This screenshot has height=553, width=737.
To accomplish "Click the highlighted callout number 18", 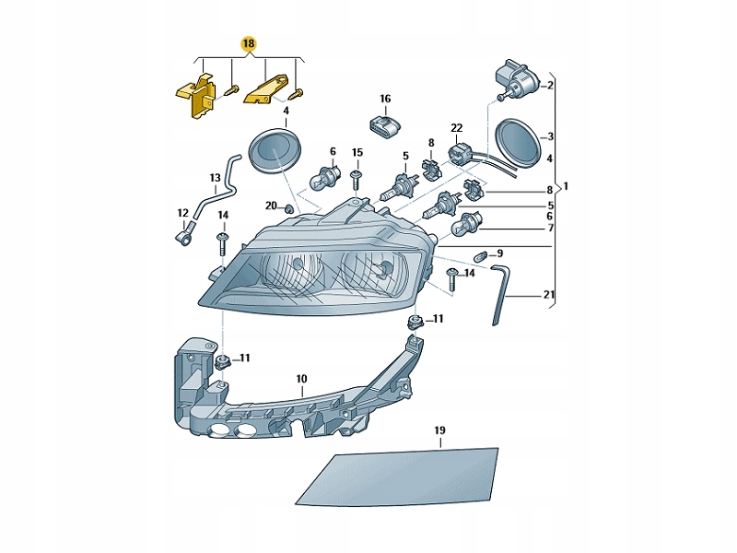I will [x=250, y=44].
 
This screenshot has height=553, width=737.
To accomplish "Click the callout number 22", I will [x=456, y=128].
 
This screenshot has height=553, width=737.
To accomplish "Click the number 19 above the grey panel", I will [x=439, y=431].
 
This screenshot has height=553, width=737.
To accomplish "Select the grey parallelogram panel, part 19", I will [x=396, y=476].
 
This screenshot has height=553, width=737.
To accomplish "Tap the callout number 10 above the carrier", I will [x=301, y=379].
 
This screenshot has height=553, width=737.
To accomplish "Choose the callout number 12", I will [x=182, y=213].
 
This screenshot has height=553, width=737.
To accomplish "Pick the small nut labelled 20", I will [x=289, y=208].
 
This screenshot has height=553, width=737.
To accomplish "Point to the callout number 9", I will [x=499, y=253].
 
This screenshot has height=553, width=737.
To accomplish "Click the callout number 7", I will [x=550, y=228].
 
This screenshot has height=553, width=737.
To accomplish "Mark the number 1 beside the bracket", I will [x=566, y=188].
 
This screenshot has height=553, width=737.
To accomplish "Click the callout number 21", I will [x=550, y=295].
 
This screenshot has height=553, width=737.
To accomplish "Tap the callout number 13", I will [x=215, y=178].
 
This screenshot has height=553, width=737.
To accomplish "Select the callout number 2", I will [x=550, y=86].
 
